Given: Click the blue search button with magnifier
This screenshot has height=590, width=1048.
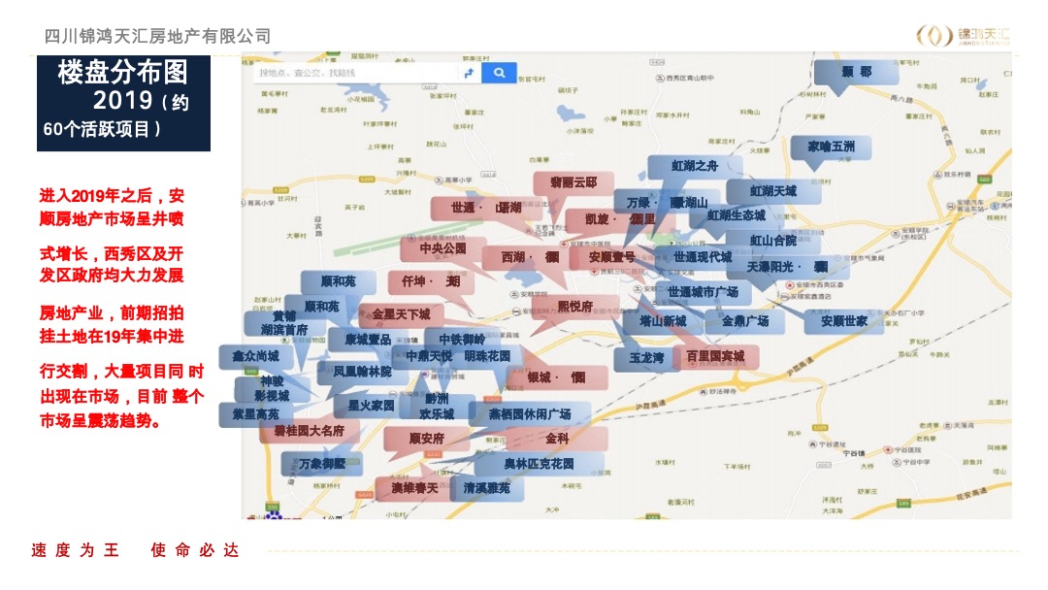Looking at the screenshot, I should (x=499, y=73).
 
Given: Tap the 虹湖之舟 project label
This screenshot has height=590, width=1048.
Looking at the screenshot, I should (x=695, y=167).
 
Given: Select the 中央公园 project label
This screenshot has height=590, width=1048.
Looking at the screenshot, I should (x=442, y=248).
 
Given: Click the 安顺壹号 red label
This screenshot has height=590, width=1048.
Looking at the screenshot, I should (x=611, y=257).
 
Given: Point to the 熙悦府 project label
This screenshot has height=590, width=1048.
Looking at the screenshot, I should (x=574, y=307).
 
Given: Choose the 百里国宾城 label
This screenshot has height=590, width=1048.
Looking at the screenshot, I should (x=715, y=357).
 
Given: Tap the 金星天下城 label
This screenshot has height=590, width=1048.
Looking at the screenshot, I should (x=400, y=314).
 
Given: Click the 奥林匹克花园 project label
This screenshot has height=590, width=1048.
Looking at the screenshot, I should (x=539, y=464).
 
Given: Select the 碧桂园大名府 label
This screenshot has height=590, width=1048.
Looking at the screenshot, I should (x=309, y=430).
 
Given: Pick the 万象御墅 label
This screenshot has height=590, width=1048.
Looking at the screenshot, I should (x=322, y=464).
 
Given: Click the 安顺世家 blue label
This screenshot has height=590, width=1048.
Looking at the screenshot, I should (x=843, y=321).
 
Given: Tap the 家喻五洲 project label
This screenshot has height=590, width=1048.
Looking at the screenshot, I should (x=831, y=147).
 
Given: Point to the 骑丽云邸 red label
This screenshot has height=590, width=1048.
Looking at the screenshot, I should (x=573, y=182).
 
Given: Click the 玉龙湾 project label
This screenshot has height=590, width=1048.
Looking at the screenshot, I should (x=645, y=359).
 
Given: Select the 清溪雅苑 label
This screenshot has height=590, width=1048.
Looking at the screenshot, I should (x=486, y=488).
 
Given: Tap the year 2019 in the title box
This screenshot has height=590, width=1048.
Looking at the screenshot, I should (x=123, y=100).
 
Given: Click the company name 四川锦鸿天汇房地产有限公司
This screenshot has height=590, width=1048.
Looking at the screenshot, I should (x=158, y=36).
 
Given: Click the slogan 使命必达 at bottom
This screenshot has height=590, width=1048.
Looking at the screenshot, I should (x=194, y=550).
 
